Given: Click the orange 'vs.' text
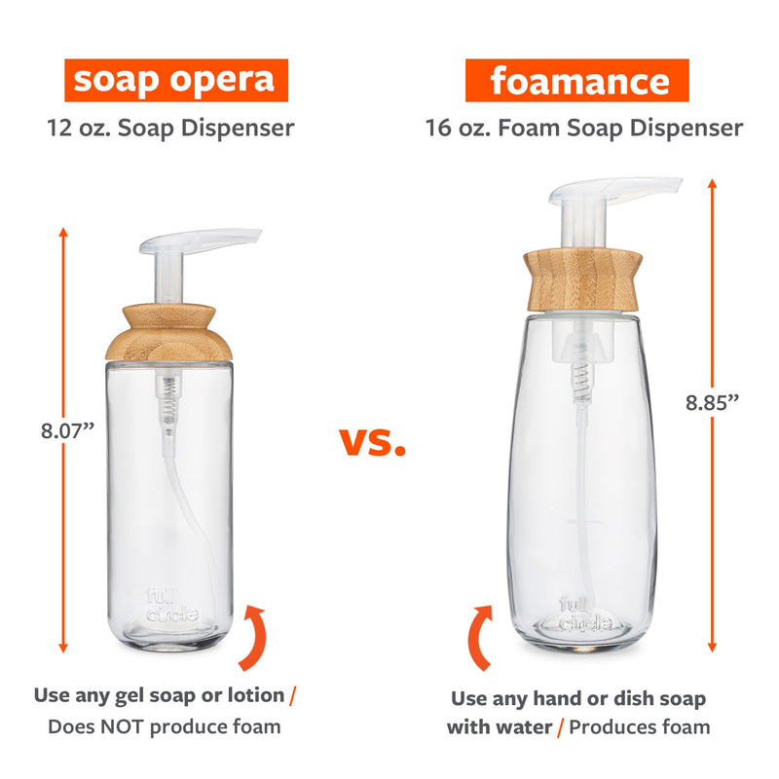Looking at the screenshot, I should coord(372,443).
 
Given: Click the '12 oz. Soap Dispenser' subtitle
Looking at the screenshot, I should coord(171,128).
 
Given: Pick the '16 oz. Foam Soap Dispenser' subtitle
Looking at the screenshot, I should coord(583,128).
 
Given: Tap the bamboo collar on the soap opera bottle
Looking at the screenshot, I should coord(170,332).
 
